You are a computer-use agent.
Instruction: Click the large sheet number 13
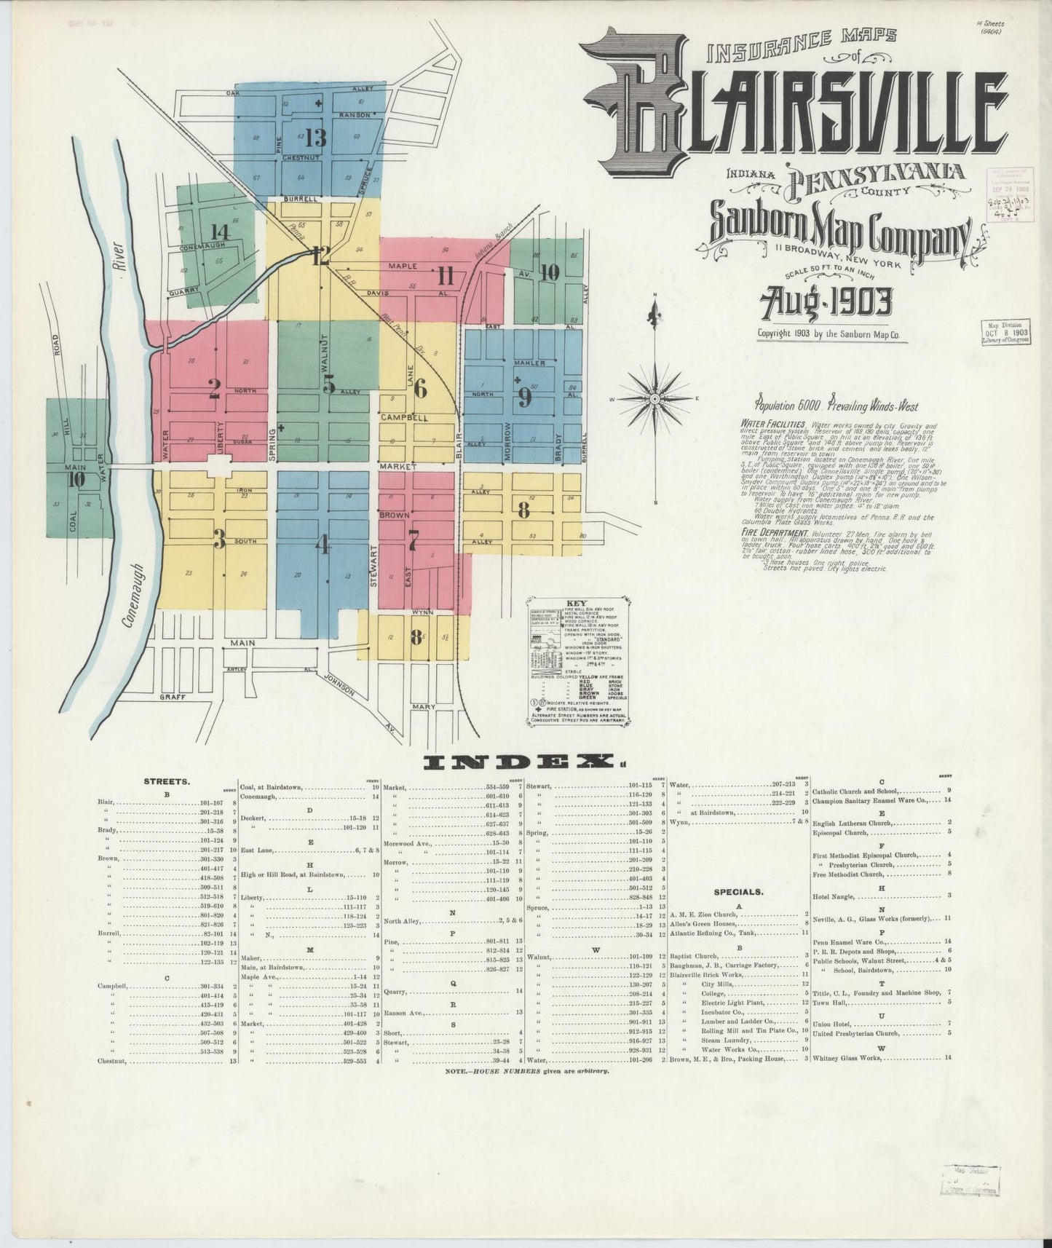click(317, 137)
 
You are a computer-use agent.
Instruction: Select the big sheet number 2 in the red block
click(214, 392)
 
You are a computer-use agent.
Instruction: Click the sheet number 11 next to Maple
click(446, 277)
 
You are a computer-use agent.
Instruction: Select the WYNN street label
click(422, 612)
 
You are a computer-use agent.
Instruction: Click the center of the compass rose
click(655, 399)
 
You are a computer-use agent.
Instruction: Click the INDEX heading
click(521, 762)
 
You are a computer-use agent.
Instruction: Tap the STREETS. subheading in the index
click(167, 781)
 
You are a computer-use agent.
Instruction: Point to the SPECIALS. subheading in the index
click(737, 890)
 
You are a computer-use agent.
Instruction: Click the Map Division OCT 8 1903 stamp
click(1005, 331)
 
